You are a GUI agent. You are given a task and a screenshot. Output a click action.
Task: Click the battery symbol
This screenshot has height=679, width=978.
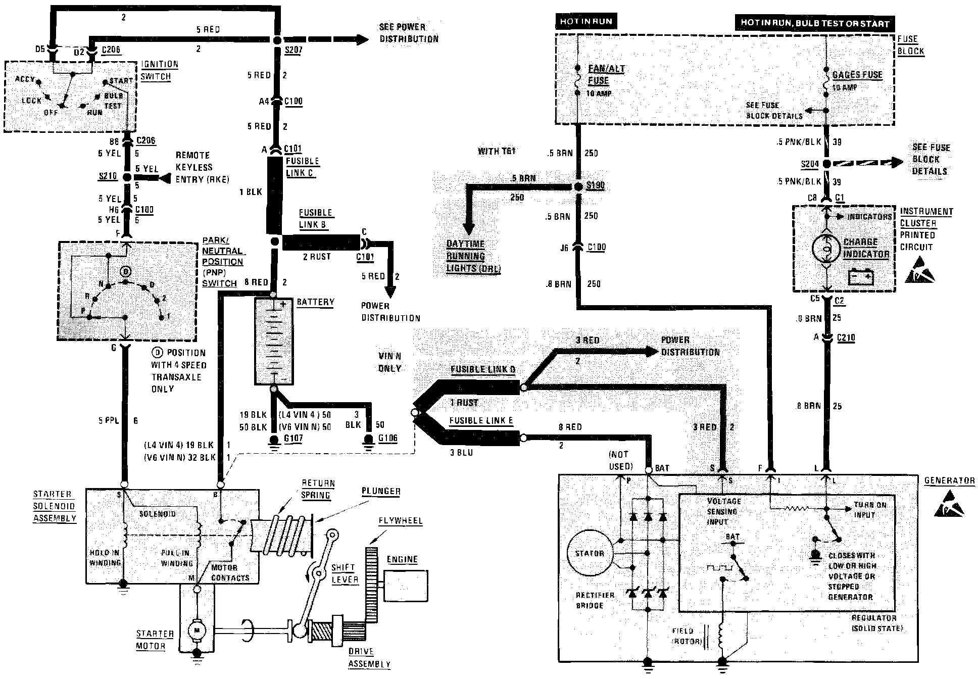[273, 342]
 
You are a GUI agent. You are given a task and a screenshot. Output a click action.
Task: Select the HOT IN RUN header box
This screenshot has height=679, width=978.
[585, 22]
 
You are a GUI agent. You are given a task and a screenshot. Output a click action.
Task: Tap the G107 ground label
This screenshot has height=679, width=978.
[293, 439]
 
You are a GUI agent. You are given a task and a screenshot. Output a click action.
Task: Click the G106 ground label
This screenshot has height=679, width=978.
[387, 439]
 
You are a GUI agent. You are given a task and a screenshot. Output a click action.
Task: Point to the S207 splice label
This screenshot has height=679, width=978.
[293, 51]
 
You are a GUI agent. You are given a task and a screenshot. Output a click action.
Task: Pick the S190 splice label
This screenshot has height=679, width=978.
[596, 185]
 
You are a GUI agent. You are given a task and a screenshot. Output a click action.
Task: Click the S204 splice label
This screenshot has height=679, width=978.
[809, 164]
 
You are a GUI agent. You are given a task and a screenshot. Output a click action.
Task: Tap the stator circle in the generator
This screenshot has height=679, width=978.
[590, 553]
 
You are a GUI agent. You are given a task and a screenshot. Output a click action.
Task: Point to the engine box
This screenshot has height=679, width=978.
[406, 586]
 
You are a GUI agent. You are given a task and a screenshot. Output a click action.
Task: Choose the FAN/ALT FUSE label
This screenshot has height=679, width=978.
[606, 75]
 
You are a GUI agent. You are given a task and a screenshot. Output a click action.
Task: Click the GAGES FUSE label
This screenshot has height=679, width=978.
[857, 75]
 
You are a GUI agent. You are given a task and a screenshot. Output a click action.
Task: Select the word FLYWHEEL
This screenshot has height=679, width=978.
[400, 521]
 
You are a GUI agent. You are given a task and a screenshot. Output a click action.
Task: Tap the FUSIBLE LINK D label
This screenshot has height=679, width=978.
[482, 369]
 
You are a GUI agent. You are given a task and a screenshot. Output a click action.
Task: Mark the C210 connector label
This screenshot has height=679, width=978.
[846, 338]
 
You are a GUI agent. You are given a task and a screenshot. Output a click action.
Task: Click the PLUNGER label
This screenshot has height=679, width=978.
[381, 491]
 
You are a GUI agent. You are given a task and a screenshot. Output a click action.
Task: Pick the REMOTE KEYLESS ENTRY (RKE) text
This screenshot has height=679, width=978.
[202, 167]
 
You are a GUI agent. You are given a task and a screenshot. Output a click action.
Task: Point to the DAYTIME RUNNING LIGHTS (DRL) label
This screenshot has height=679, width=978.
[473, 256]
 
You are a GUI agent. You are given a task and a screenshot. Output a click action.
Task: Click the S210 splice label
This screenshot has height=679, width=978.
[108, 176]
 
